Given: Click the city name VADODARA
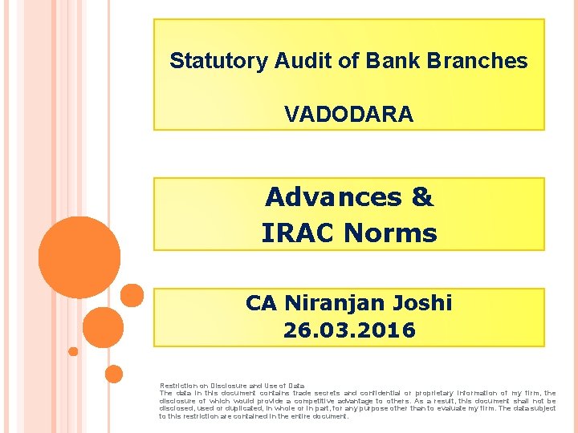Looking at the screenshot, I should [348, 115].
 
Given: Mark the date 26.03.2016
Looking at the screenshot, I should [349, 330].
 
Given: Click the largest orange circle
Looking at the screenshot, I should [79, 257].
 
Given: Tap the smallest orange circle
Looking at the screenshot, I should [73, 351].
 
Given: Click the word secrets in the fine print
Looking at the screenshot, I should [324, 393].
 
